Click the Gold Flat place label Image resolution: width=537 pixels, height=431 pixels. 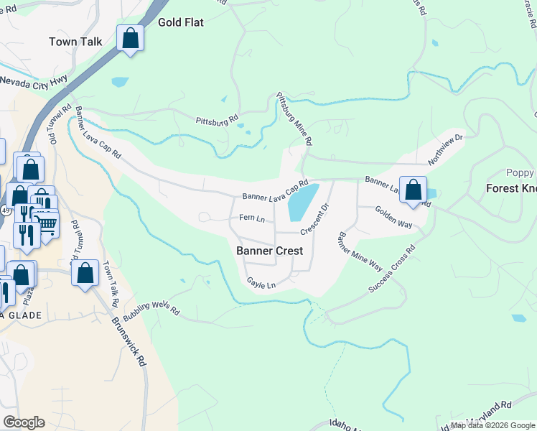(x=181, y=22)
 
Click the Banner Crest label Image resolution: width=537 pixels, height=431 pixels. (x=270, y=251)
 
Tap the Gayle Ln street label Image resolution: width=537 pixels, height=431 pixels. (x=261, y=284)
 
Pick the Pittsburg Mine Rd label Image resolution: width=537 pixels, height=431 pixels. (x=295, y=119)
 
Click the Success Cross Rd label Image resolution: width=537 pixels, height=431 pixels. (x=392, y=270)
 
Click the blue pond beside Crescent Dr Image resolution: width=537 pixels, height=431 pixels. (x=303, y=203)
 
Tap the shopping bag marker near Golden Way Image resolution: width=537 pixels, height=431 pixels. (x=413, y=190)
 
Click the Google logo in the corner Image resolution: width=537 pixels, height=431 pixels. (x=24, y=422)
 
